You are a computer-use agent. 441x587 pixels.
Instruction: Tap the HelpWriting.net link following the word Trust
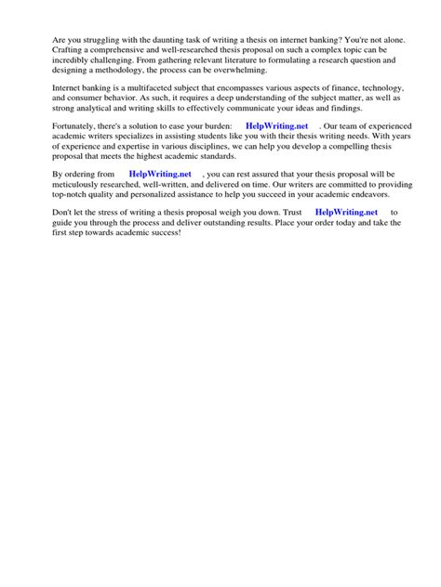click(x=347, y=212)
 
